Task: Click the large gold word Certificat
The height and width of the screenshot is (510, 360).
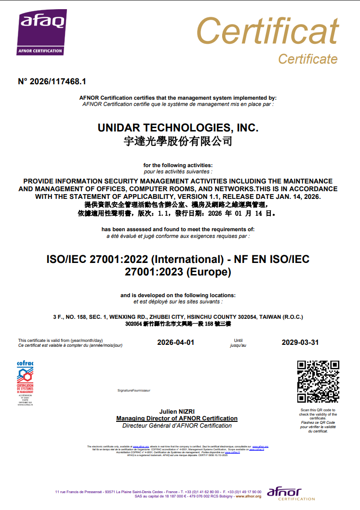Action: pos(267,32)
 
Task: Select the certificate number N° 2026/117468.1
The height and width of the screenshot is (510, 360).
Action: pos(52,81)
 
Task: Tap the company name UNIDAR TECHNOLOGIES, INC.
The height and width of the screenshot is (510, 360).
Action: pos(178,128)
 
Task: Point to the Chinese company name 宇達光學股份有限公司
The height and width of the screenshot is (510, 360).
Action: pos(178,141)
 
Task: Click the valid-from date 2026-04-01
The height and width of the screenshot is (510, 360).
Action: pos(175,342)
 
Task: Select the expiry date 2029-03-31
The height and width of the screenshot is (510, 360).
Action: pos(300,342)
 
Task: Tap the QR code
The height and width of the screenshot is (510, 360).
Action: pos(318,381)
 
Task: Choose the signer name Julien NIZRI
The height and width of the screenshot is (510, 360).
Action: pos(177,412)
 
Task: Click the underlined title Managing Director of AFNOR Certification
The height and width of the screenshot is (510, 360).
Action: pos(177,418)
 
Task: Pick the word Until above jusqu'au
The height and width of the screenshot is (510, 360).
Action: pos(238,340)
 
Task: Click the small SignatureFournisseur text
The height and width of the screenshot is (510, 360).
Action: pos(133,390)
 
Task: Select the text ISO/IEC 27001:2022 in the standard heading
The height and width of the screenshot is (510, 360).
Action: pos(97,259)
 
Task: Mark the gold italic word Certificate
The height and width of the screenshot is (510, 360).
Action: pos(307,59)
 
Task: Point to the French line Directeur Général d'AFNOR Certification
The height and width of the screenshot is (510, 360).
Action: pos(177,426)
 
